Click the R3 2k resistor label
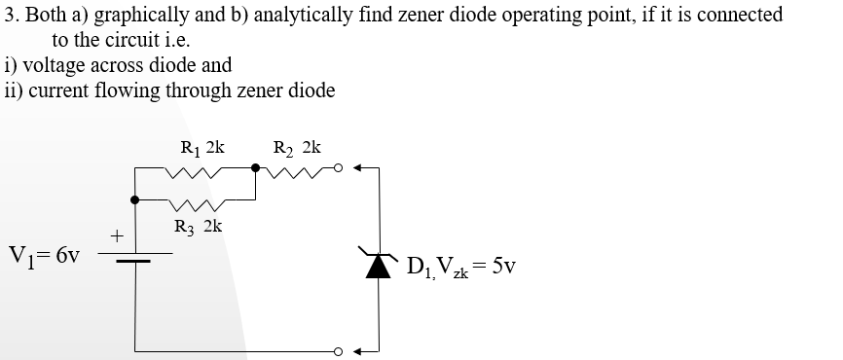pyautogui.click(x=198, y=227)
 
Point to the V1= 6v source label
pyautogui.click(x=43, y=257)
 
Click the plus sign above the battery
pyautogui.click(x=116, y=235)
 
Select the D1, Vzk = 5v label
pyautogui.click(x=461, y=266)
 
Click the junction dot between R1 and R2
pyautogui.click(x=256, y=167)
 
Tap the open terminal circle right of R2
pyautogui.click(x=339, y=167)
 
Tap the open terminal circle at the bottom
pyautogui.click(x=339, y=350)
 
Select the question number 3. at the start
pyautogui.click(x=12, y=16)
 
